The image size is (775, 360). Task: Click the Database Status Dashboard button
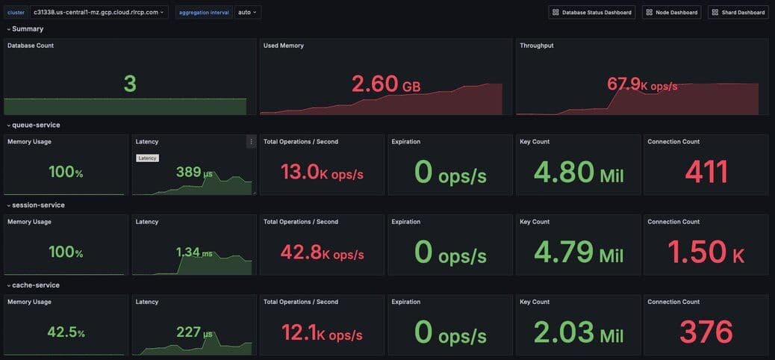(x=591, y=12)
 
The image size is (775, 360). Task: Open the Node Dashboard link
(x=671, y=12)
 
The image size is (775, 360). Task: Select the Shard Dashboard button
(x=738, y=12)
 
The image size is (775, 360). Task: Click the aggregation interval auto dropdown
(x=248, y=12)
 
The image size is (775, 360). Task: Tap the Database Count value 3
(x=129, y=84)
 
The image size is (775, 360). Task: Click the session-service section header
(x=38, y=205)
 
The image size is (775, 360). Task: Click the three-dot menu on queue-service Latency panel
(x=251, y=141)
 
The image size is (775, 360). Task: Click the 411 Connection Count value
(x=706, y=172)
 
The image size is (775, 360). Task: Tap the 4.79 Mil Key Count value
(x=579, y=252)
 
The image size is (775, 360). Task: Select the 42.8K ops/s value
(x=322, y=252)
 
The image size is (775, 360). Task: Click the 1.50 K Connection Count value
(x=706, y=252)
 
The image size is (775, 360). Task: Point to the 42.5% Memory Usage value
(x=66, y=332)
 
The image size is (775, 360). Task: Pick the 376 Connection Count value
(x=706, y=332)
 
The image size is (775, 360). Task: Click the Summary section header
(x=28, y=28)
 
